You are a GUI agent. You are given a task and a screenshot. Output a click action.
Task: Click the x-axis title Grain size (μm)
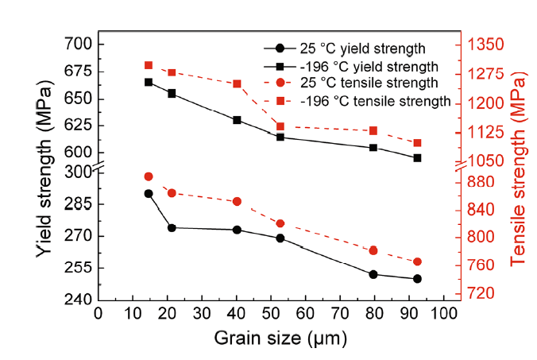click(280, 338)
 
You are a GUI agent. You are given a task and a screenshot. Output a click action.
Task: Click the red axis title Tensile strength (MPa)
click(519, 171)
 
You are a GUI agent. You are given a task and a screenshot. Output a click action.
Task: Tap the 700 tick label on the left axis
click(79, 43)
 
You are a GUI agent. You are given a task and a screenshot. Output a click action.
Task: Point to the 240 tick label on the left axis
click(79, 300)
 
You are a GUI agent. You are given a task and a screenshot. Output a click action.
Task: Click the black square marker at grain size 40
click(237, 120)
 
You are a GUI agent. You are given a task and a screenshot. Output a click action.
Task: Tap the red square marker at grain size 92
click(418, 143)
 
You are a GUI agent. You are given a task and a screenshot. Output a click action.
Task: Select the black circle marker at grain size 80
click(373, 274)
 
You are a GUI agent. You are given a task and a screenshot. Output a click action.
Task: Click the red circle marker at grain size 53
click(280, 223)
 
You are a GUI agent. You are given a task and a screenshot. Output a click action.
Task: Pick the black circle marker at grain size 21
click(171, 228)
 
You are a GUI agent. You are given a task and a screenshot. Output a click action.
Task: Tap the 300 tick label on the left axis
click(79, 172)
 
